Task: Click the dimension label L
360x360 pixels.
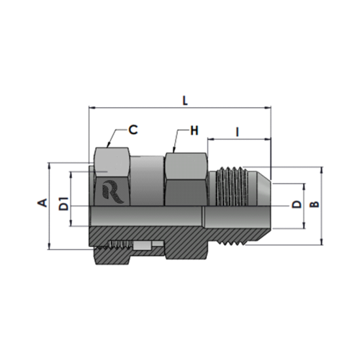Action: pyautogui.click(x=185, y=101)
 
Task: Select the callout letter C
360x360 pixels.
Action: pyautogui.click(x=132, y=130)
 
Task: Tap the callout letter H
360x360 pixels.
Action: pyautogui.click(x=194, y=131)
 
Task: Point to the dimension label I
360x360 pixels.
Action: pyautogui.click(x=238, y=132)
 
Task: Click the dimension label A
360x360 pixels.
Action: pyautogui.click(x=42, y=203)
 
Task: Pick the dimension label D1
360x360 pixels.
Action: pyautogui.click(x=63, y=204)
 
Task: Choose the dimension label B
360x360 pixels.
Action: pyautogui.click(x=315, y=204)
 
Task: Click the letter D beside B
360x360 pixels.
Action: pyautogui.click(x=297, y=204)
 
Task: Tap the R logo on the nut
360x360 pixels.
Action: pyautogui.click(x=112, y=192)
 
